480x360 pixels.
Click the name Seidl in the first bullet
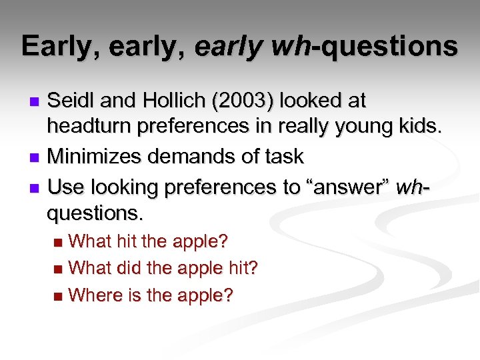pos(72,101)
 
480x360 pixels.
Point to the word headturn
pos(89,129)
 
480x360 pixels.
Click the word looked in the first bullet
pos(315,101)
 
